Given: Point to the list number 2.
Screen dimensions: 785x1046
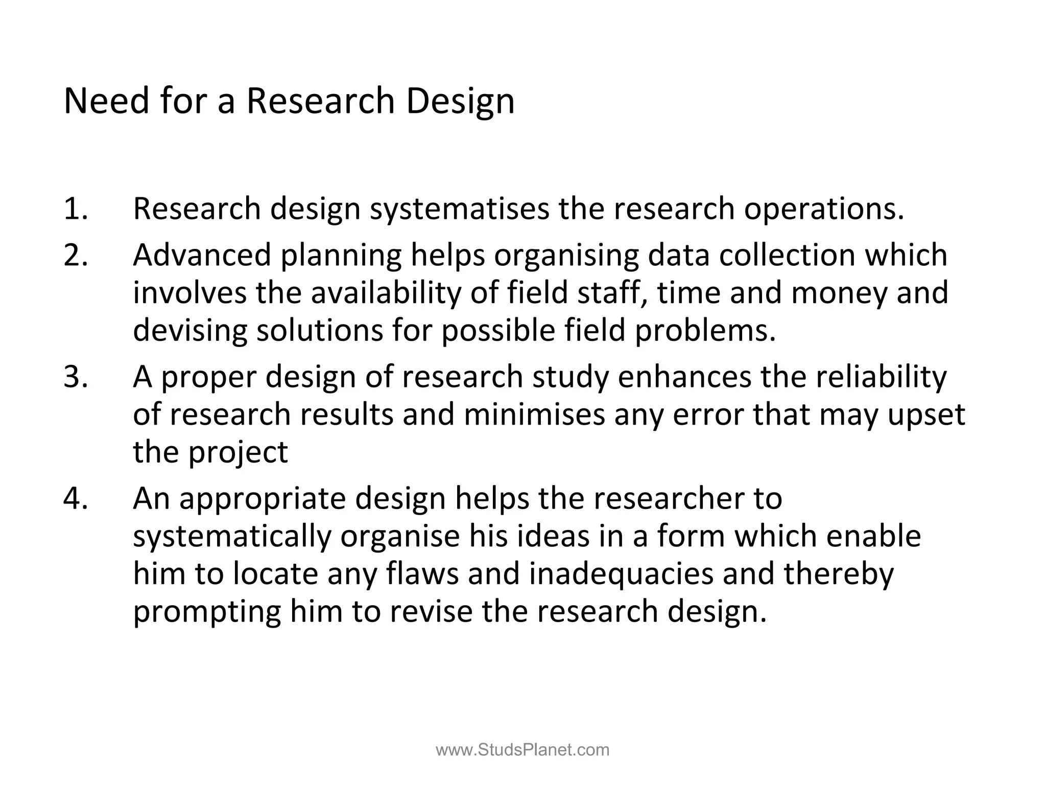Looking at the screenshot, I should coord(76,255).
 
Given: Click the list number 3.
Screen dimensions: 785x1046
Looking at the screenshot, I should coord(76,377).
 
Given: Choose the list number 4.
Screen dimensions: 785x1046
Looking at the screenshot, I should coord(76,498).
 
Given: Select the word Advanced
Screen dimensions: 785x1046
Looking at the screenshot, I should coord(202,255).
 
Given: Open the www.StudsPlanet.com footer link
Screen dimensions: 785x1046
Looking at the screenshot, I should coord(522,750).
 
